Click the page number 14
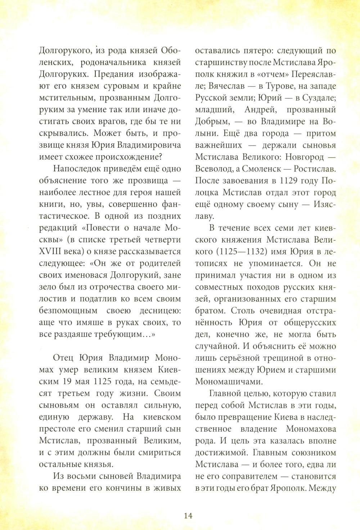[188, 515]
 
